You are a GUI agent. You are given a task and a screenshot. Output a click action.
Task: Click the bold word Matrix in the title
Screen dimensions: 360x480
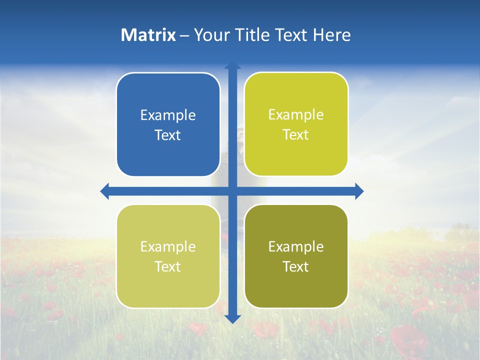point(148,35)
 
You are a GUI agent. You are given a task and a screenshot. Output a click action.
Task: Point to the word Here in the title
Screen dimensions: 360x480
point(331,35)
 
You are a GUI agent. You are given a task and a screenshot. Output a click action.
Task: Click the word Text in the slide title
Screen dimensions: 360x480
point(291,35)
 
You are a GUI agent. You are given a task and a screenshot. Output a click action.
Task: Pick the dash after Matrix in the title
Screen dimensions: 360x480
point(184,35)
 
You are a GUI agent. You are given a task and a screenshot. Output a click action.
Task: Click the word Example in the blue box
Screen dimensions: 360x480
point(168,115)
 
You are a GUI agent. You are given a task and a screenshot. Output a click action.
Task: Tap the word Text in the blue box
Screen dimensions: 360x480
point(168,135)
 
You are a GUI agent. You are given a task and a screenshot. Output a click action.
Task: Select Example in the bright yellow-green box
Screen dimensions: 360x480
point(296,115)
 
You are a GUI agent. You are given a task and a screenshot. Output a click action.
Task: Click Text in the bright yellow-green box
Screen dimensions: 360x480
point(296,135)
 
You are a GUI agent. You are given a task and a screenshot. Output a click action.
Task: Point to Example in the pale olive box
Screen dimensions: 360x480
point(168,247)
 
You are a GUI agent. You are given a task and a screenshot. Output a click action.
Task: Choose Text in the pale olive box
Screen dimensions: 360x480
point(168,267)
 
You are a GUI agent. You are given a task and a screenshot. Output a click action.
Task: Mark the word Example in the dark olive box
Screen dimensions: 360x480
point(296,247)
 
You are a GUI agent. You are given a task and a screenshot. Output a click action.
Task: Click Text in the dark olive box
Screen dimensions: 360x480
point(296,267)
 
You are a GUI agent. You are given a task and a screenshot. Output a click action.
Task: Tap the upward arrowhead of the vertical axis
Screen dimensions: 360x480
point(232,65)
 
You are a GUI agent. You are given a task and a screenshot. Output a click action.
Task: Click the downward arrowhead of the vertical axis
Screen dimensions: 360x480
point(232,318)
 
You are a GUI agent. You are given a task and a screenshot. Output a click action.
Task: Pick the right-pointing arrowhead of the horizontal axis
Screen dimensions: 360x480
point(359,191)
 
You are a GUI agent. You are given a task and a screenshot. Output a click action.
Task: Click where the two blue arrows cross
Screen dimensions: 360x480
point(232,191)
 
